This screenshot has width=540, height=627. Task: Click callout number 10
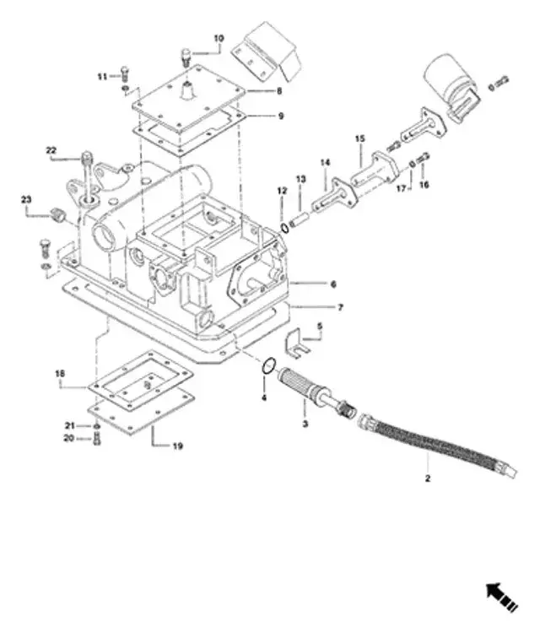[219, 39]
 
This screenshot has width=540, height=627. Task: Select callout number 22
[51, 151]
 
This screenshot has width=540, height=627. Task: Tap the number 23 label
[27, 200]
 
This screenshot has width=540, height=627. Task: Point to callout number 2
[428, 478]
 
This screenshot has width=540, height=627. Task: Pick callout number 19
[178, 445]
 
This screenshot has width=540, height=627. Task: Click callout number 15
[359, 138]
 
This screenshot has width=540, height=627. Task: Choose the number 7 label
[340, 308]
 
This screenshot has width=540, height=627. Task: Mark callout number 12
[282, 193]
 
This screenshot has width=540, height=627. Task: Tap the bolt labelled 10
[186, 57]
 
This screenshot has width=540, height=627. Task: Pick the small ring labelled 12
[287, 225]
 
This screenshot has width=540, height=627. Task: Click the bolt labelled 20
[95, 439]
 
